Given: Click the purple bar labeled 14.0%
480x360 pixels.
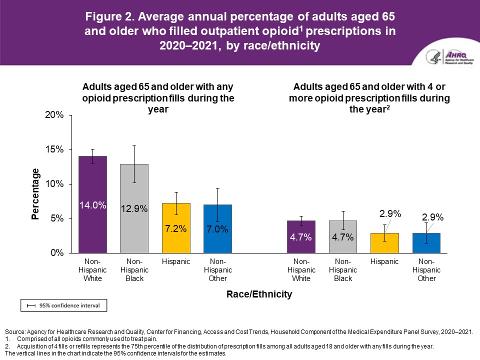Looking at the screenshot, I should [92, 220].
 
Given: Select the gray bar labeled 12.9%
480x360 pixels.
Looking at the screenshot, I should [134, 225].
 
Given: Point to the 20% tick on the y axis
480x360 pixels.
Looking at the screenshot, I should [55, 115].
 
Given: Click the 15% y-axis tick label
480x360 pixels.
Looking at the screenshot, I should [55, 149].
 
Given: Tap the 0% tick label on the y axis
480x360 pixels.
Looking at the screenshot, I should [57, 253].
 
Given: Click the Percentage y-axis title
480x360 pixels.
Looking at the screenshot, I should [36, 194].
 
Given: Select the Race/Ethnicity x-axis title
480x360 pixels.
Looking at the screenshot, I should [258, 294].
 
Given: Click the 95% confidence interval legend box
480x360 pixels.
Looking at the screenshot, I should [63, 305].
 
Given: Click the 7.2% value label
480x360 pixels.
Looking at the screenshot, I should [175, 229].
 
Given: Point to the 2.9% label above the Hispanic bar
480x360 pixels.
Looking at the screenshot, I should [390, 213].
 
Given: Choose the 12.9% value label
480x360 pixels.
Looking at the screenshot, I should [134, 209].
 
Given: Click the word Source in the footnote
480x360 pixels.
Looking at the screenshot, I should [15, 332].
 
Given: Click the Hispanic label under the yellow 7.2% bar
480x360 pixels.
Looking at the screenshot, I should [175, 261].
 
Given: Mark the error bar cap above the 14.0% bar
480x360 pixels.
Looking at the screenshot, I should [92, 149].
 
